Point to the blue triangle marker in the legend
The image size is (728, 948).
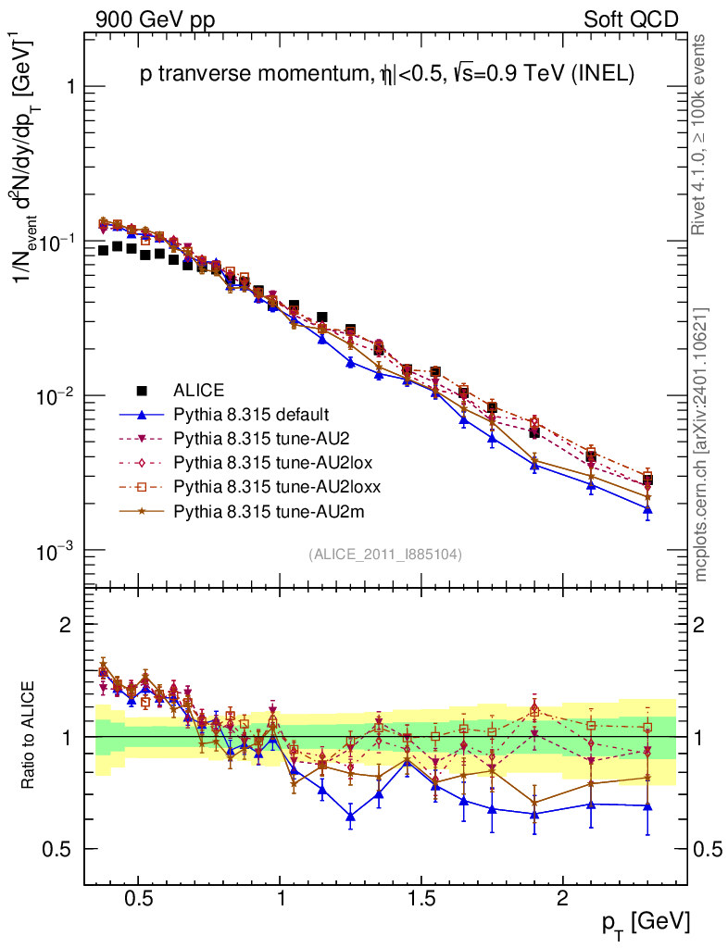[143, 414]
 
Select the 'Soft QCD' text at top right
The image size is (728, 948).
[631, 19]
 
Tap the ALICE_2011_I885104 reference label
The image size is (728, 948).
[385, 555]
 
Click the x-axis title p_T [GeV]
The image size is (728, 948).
[645, 922]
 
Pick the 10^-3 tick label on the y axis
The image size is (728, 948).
[55, 553]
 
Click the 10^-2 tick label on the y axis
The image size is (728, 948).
[55, 397]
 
